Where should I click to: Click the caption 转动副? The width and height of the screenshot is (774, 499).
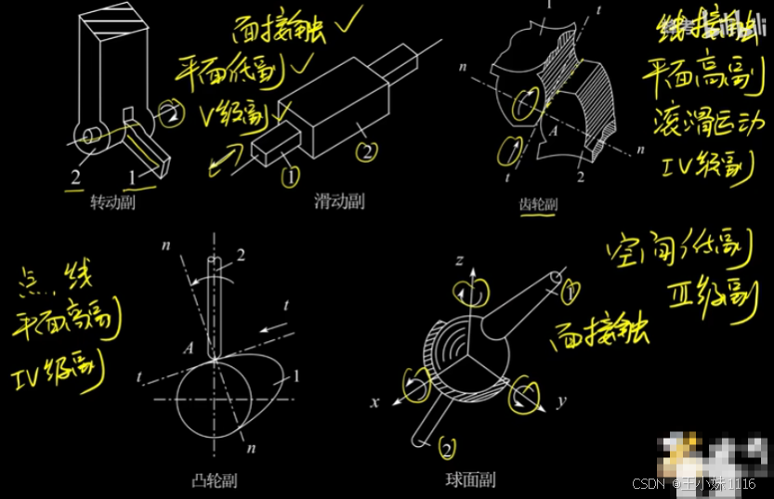[x=112, y=203]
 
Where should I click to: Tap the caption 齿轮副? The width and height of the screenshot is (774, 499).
[x=537, y=205]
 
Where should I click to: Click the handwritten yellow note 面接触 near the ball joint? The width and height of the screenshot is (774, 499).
[x=601, y=331]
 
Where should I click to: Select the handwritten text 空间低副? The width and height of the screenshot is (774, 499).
[x=678, y=248]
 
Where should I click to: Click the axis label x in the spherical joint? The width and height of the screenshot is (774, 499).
[x=375, y=403]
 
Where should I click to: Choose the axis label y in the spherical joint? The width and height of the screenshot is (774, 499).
[x=561, y=403]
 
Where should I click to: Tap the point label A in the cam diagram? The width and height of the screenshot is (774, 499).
[x=189, y=348]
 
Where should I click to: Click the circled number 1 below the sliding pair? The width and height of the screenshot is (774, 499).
[x=291, y=174]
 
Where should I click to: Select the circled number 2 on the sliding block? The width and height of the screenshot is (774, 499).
[x=367, y=149]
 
